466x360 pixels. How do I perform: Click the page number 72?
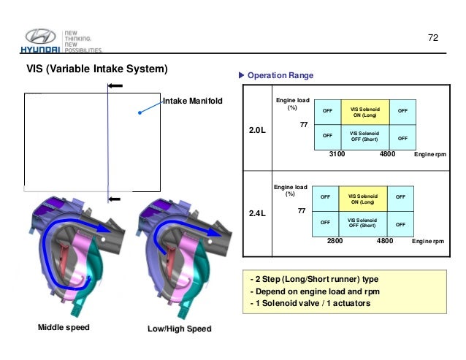[x=431, y=37]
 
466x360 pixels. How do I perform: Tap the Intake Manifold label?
[x=193, y=101]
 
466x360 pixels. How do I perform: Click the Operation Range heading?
[x=280, y=75]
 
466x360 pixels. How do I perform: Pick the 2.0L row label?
[x=256, y=130]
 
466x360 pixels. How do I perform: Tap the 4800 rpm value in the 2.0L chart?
[x=387, y=155]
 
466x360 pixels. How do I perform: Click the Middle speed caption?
[x=63, y=327]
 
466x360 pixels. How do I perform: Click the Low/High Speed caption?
[x=180, y=329]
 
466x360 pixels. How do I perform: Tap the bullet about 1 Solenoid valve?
[x=305, y=304]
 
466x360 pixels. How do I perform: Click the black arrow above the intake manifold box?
[x=115, y=86]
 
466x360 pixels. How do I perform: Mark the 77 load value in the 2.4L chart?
[x=300, y=210]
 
